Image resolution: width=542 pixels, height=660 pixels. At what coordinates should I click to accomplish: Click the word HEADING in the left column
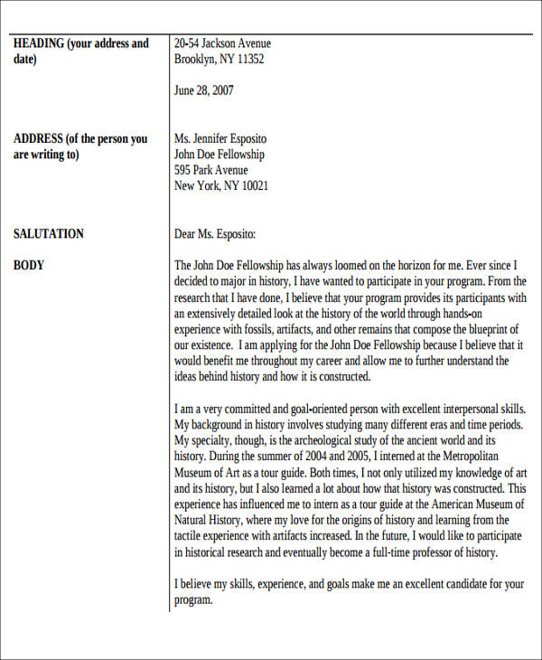click(x=38, y=43)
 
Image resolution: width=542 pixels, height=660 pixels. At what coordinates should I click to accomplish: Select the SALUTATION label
click(x=49, y=234)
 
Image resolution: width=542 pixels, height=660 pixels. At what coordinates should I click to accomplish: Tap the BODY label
click(x=29, y=266)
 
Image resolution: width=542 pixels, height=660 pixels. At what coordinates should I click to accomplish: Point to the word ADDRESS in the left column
click(x=38, y=139)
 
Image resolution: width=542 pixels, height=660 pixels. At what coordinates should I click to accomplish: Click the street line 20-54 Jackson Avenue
click(x=222, y=43)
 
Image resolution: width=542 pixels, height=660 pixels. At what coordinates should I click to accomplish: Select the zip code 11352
click(x=248, y=60)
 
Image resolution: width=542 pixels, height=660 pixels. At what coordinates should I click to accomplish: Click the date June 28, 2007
click(x=203, y=90)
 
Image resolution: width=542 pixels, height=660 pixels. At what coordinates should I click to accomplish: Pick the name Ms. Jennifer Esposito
click(x=220, y=139)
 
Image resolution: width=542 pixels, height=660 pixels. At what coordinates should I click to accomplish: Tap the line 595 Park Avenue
click(x=210, y=171)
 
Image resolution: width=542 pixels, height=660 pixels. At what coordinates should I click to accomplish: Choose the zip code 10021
click(x=252, y=186)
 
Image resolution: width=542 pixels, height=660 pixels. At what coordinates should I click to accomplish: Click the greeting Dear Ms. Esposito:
click(x=215, y=234)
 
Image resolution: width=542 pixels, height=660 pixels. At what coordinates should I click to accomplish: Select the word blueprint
click(x=489, y=329)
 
